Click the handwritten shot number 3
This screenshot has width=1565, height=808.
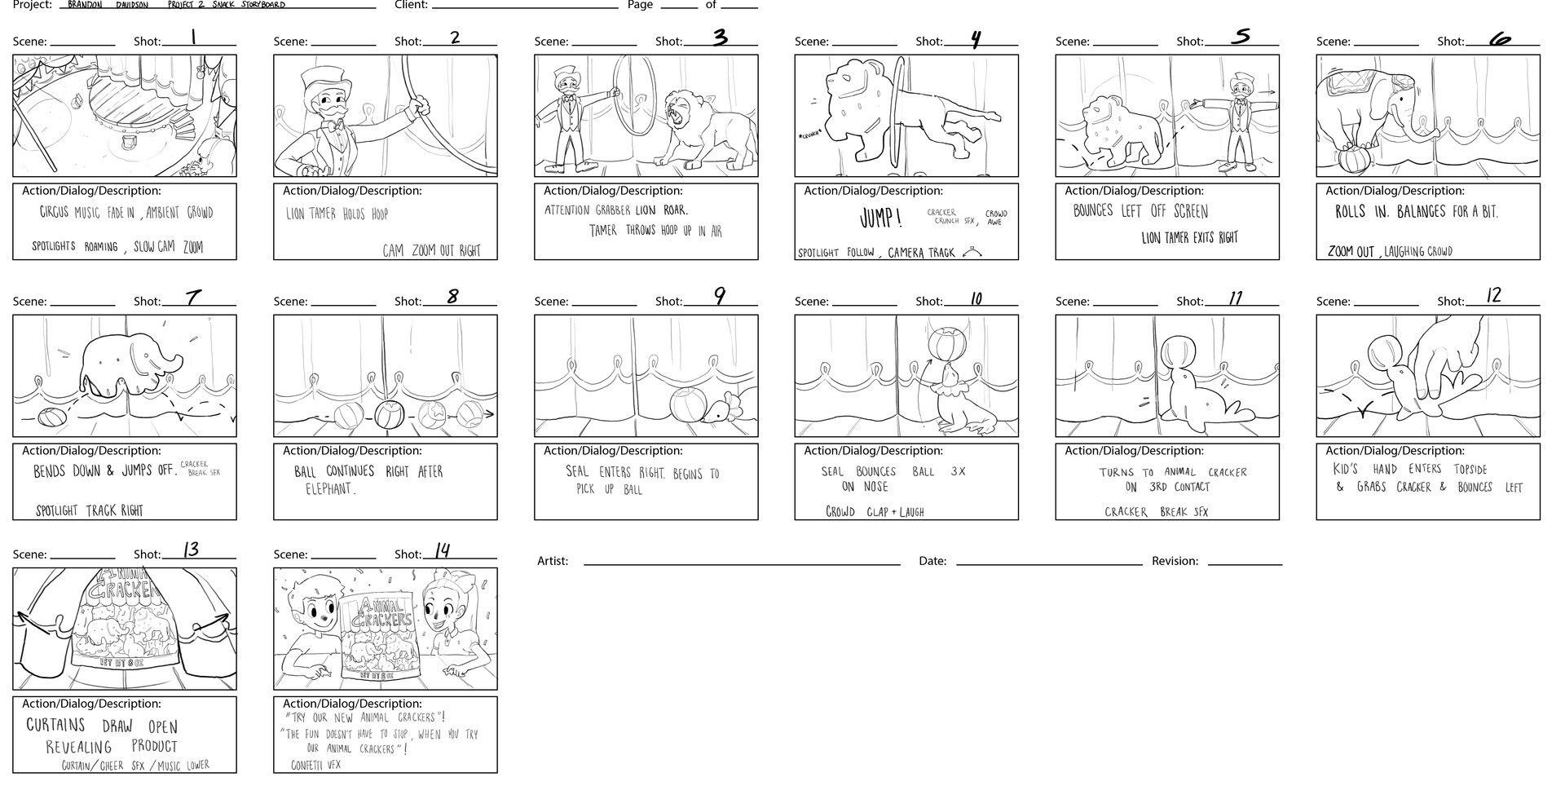(720, 38)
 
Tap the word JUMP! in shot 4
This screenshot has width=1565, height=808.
(880, 219)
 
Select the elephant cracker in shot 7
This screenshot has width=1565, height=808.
(130, 360)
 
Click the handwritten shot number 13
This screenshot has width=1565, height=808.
(191, 550)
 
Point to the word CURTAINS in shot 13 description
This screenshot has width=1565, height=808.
(55, 725)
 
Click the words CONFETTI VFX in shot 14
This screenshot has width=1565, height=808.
(315, 765)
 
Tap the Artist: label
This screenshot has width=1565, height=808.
(553, 561)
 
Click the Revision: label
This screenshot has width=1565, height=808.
(1175, 561)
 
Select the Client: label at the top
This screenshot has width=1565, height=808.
(411, 5)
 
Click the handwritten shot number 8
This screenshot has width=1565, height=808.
(452, 297)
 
